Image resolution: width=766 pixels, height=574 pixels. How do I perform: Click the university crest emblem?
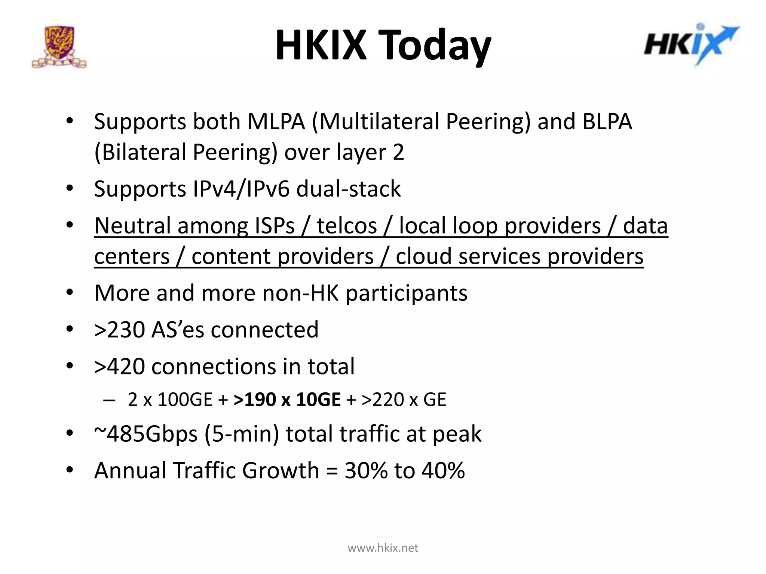point(59,47)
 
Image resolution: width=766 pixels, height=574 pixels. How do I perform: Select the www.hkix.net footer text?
point(383,548)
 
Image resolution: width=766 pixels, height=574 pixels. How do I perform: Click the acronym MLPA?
point(276,122)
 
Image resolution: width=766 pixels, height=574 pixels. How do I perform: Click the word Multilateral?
point(374,122)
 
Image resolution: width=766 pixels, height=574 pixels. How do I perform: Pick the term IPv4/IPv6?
point(241,189)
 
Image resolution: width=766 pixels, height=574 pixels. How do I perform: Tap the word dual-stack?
point(349,189)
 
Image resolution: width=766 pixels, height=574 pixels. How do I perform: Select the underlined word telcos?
point(347,226)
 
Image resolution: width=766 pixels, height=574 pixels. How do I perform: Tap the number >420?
point(119,366)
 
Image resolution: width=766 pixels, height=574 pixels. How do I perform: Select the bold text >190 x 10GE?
point(287,399)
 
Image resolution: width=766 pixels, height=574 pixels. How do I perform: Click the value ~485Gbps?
point(145,434)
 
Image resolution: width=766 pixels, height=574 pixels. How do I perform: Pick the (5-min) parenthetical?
point(242,434)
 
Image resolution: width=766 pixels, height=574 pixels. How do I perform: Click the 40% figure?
point(443,470)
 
